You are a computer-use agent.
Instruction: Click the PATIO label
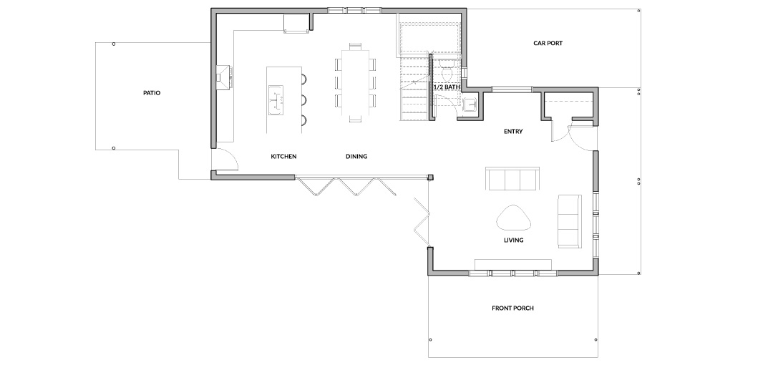tap(152, 92)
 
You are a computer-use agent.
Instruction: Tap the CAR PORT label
tap(548, 43)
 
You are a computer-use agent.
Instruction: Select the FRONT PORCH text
tap(512, 308)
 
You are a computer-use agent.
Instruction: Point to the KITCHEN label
tap(283, 157)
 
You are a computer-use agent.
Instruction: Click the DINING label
tap(356, 157)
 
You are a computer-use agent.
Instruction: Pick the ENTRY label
tap(513, 131)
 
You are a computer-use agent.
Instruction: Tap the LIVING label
tap(514, 240)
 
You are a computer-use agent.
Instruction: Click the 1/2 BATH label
tap(446, 87)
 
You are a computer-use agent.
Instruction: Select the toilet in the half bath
tap(447, 70)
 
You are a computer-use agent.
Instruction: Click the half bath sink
tap(471, 104)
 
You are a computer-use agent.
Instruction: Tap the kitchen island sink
tap(276, 100)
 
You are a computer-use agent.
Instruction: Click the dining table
tap(356, 82)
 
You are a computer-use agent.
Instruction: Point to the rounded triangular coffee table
tap(514, 218)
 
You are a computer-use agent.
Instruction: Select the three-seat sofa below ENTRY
tap(512, 179)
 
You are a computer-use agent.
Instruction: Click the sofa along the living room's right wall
tap(570, 220)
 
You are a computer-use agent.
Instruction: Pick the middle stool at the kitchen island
tap(303, 100)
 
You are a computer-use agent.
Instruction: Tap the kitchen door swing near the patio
tap(230, 156)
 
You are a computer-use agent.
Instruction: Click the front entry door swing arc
tap(582, 139)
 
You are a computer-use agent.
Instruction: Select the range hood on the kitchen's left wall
tap(224, 77)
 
